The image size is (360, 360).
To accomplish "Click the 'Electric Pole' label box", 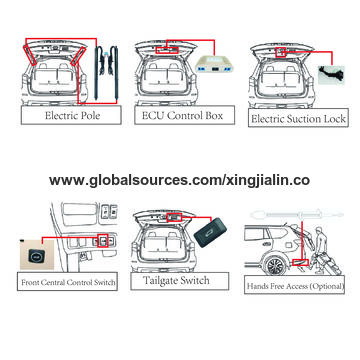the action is point(71,115).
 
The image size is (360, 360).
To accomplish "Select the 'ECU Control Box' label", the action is point(185,115).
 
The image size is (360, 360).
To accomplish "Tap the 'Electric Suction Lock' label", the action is point(298,118).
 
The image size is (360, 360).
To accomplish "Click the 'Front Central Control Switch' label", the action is point(67,281).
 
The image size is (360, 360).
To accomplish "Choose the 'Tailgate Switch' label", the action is point(180,281).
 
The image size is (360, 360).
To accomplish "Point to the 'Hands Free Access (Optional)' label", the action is point(294,285).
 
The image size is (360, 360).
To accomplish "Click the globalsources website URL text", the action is point(179,180).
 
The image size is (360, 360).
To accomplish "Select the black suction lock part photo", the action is point(331,75).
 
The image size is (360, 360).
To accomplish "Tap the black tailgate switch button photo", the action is point(210,233).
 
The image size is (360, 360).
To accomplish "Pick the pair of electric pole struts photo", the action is point(106,72).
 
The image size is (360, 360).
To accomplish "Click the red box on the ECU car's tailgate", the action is point(167,50).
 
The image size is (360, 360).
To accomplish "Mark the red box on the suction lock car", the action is point(281,52).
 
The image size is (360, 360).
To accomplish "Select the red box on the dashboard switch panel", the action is point(104,240).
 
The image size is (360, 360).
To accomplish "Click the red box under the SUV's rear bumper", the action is point(300,263).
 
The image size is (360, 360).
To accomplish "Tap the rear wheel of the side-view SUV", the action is point(275,266).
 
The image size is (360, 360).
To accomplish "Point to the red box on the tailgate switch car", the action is point(174,218).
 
